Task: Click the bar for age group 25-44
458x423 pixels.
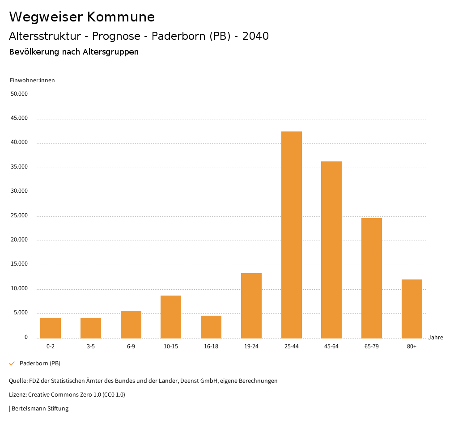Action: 291,235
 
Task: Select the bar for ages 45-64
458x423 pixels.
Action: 331,250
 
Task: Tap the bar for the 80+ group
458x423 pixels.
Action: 411,309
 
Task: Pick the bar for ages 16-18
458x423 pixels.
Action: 211,327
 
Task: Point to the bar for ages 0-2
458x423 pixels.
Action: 51,328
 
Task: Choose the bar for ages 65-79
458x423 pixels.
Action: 372,278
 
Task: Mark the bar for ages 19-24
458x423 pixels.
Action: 251,305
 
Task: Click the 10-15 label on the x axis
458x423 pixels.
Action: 171,347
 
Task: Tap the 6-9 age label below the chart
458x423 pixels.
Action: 131,347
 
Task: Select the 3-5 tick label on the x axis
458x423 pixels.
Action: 91,347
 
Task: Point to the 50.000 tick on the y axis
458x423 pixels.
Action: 19,94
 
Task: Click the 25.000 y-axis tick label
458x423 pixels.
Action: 19,216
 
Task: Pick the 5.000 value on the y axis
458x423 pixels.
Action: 21,313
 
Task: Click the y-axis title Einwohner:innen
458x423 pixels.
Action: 32,80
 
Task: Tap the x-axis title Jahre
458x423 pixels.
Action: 435,338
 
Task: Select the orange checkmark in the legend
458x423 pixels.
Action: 12,364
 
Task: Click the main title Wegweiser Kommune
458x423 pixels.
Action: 82,17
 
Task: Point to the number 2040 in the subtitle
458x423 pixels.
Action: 255,36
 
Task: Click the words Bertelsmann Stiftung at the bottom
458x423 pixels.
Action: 40,408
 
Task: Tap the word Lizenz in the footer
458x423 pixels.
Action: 17,395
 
